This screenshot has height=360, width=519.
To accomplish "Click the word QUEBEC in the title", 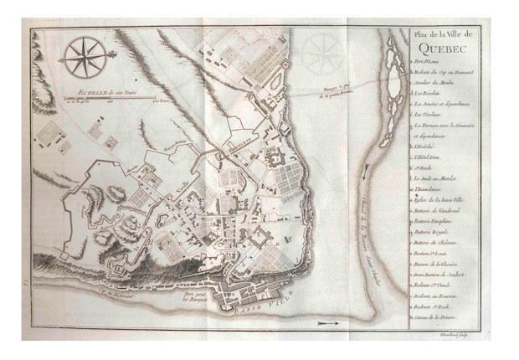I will [x=437, y=47].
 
